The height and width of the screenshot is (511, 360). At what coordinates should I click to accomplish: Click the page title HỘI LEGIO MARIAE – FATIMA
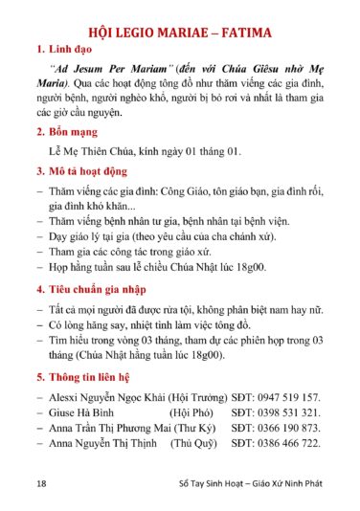pos(180,32)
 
